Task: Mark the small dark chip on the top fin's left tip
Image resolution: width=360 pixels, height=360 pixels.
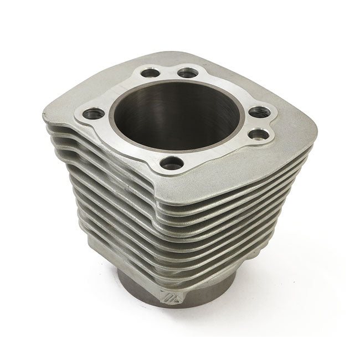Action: (44, 116)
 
